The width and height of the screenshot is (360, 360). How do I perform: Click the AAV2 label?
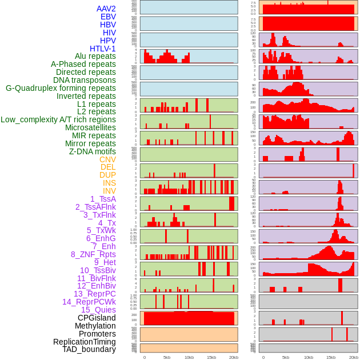point(106,9)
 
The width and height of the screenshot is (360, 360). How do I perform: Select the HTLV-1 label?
point(102,49)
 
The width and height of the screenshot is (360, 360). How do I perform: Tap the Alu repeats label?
point(95,57)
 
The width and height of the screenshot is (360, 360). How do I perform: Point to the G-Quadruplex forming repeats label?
point(61,88)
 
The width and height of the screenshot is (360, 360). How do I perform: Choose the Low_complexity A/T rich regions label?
point(58,119)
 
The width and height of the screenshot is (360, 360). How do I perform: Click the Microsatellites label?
point(90,127)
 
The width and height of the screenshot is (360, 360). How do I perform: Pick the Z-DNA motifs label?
point(92,151)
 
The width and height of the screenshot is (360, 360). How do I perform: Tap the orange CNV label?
point(107,159)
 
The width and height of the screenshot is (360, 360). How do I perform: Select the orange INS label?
point(109,183)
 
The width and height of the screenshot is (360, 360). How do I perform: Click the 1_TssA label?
point(103,199)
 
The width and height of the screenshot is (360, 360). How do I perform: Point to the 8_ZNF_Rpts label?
point(93,254)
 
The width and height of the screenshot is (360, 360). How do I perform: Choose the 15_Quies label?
point(98,310)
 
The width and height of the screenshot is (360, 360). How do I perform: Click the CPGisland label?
point(97,318)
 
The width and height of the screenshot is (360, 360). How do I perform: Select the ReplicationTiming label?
point(84,342)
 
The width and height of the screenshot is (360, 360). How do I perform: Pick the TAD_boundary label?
point(89,349)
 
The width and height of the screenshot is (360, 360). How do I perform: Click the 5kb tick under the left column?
point(167,357)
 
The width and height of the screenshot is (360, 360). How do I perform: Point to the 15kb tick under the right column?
point(330,357)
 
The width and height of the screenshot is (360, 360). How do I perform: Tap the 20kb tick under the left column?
point(234,357)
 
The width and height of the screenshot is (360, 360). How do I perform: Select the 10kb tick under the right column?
point(308,357)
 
